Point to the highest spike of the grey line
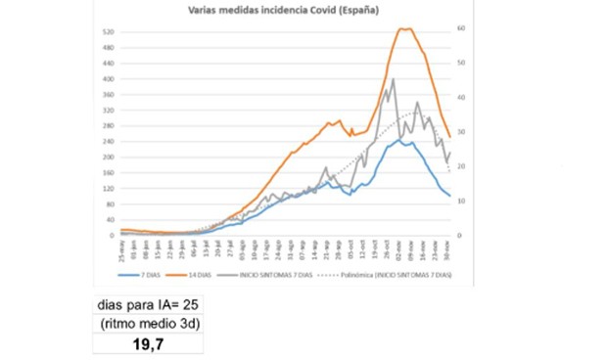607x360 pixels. pyautogui.click(x=393, y=79)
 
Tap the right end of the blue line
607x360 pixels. pyautogui.click(x=450, y=196)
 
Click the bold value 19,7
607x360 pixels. pyautogui.click(x=148, y=344)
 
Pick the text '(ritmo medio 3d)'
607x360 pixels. pyautogui.click(x=147, y=325)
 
